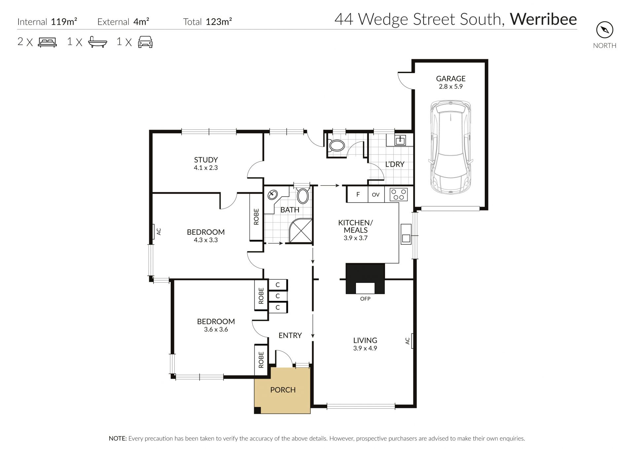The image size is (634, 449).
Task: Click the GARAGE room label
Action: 450,78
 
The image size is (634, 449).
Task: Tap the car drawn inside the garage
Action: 451,148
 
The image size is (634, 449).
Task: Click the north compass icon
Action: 605,30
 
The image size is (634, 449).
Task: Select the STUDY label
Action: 206,160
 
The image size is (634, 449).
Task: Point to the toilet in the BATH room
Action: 303,195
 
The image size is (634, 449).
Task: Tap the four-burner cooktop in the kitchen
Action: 399,194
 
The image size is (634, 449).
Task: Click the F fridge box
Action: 358,194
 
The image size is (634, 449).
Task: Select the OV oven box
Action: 376,194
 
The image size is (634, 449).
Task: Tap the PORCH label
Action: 283,390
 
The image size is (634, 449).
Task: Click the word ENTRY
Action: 290,335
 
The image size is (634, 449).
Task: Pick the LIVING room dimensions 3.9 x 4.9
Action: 365,348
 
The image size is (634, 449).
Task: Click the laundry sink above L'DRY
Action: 400,140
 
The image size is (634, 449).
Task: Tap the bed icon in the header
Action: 48,42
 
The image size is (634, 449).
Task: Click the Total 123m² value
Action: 219,22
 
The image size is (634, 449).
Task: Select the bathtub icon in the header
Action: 98,42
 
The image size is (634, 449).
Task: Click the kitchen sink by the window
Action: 406,234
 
